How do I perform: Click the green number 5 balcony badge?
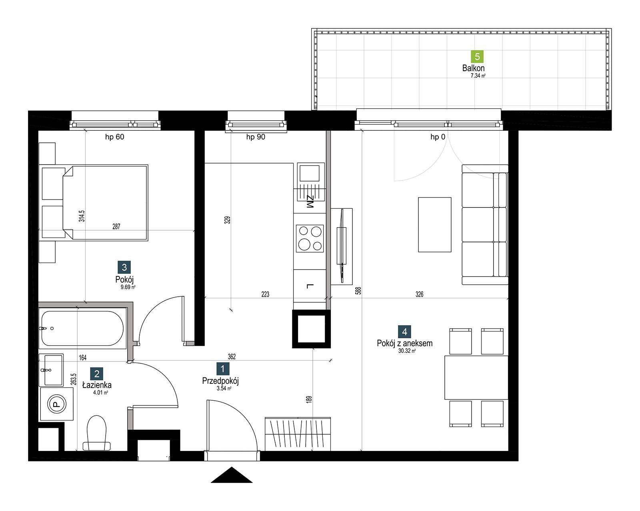(477, 56)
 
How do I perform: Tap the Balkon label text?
(473, 68)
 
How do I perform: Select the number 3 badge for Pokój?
(124, 267)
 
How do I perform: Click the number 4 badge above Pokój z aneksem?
(404, 332)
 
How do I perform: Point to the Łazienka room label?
(97, 385)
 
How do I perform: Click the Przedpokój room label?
(220, 381)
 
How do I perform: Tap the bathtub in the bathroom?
(82, 328)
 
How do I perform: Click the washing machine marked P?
(56, 404)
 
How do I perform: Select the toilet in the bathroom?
(96, 433)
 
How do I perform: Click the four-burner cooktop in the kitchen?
(310, 238)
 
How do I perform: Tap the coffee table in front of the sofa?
(434, 225)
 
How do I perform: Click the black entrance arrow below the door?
(232, 475)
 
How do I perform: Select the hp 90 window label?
(256, 137)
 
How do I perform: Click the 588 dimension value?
(358, 290)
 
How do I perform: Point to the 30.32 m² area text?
(407, 351)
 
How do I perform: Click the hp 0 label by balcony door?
(438, 137)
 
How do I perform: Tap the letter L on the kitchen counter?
(310, 287)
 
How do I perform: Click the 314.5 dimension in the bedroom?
(82, 216)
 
